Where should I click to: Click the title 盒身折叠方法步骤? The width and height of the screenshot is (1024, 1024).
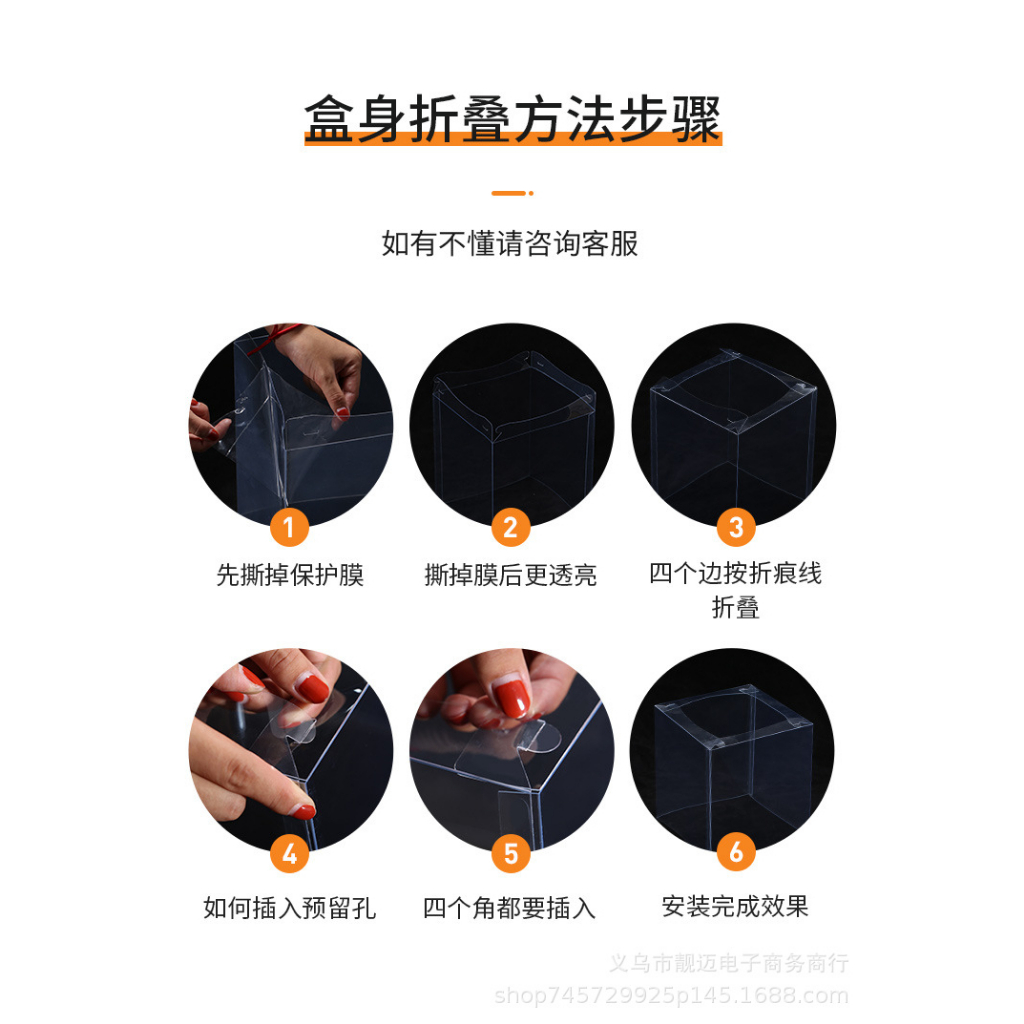(x=512, y=120)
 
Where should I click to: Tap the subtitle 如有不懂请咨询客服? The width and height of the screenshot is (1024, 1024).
(x=510, y=243)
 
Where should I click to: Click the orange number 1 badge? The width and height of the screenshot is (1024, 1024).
(x=289, y=526)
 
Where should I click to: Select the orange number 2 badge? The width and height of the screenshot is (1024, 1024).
(x=511, y=526)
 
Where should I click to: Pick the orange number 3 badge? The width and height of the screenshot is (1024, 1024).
(x=736, y=526)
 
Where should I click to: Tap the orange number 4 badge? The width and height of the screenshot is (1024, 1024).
(x=289, y=853)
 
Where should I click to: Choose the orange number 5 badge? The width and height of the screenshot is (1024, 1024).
(x=511, y=853)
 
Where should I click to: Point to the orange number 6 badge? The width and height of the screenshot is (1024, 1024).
(x=736, y=853)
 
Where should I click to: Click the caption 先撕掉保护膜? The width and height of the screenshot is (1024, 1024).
(x=290, y=576)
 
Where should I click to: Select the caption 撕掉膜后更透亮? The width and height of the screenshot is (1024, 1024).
(x=510, y=576)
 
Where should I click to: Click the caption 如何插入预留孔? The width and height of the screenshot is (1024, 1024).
(x=290, y=908)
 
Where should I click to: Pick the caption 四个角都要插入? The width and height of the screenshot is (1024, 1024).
(x=510, y=908)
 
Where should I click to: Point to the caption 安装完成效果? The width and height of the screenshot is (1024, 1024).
(x=735, y=907)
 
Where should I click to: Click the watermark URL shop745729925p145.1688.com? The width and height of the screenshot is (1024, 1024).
(x=672, y=996)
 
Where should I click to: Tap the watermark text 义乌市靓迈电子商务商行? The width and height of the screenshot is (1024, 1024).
(x=729, y=964)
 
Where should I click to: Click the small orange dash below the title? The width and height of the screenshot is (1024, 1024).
(x=511, y=193)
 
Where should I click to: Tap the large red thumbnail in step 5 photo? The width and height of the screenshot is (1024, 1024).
(x=512, y=698)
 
